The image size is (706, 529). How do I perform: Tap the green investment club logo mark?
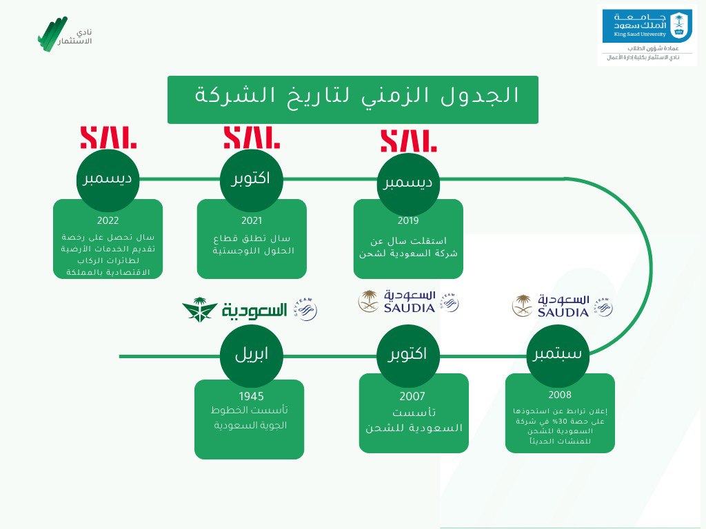[53, 33]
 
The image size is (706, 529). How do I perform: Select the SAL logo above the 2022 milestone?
[108, 137]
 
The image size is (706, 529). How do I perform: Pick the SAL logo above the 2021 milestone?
[252, 137]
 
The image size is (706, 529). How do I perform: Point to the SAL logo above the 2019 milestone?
[409, 139]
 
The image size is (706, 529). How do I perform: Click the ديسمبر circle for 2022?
[108, 180]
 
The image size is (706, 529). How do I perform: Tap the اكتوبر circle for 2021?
[251, 179]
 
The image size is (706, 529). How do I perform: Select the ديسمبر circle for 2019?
[408, 183]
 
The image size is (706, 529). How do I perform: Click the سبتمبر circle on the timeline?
[558, 355]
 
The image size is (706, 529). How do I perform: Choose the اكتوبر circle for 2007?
[407, 355]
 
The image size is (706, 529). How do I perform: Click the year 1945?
[251, 396]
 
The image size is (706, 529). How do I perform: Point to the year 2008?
[560, 395]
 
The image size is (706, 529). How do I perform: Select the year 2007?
[412, 397]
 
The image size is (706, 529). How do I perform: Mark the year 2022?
[108, 221]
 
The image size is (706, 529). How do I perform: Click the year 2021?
[252, 221]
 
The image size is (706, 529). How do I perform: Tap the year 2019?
[408, 221]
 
